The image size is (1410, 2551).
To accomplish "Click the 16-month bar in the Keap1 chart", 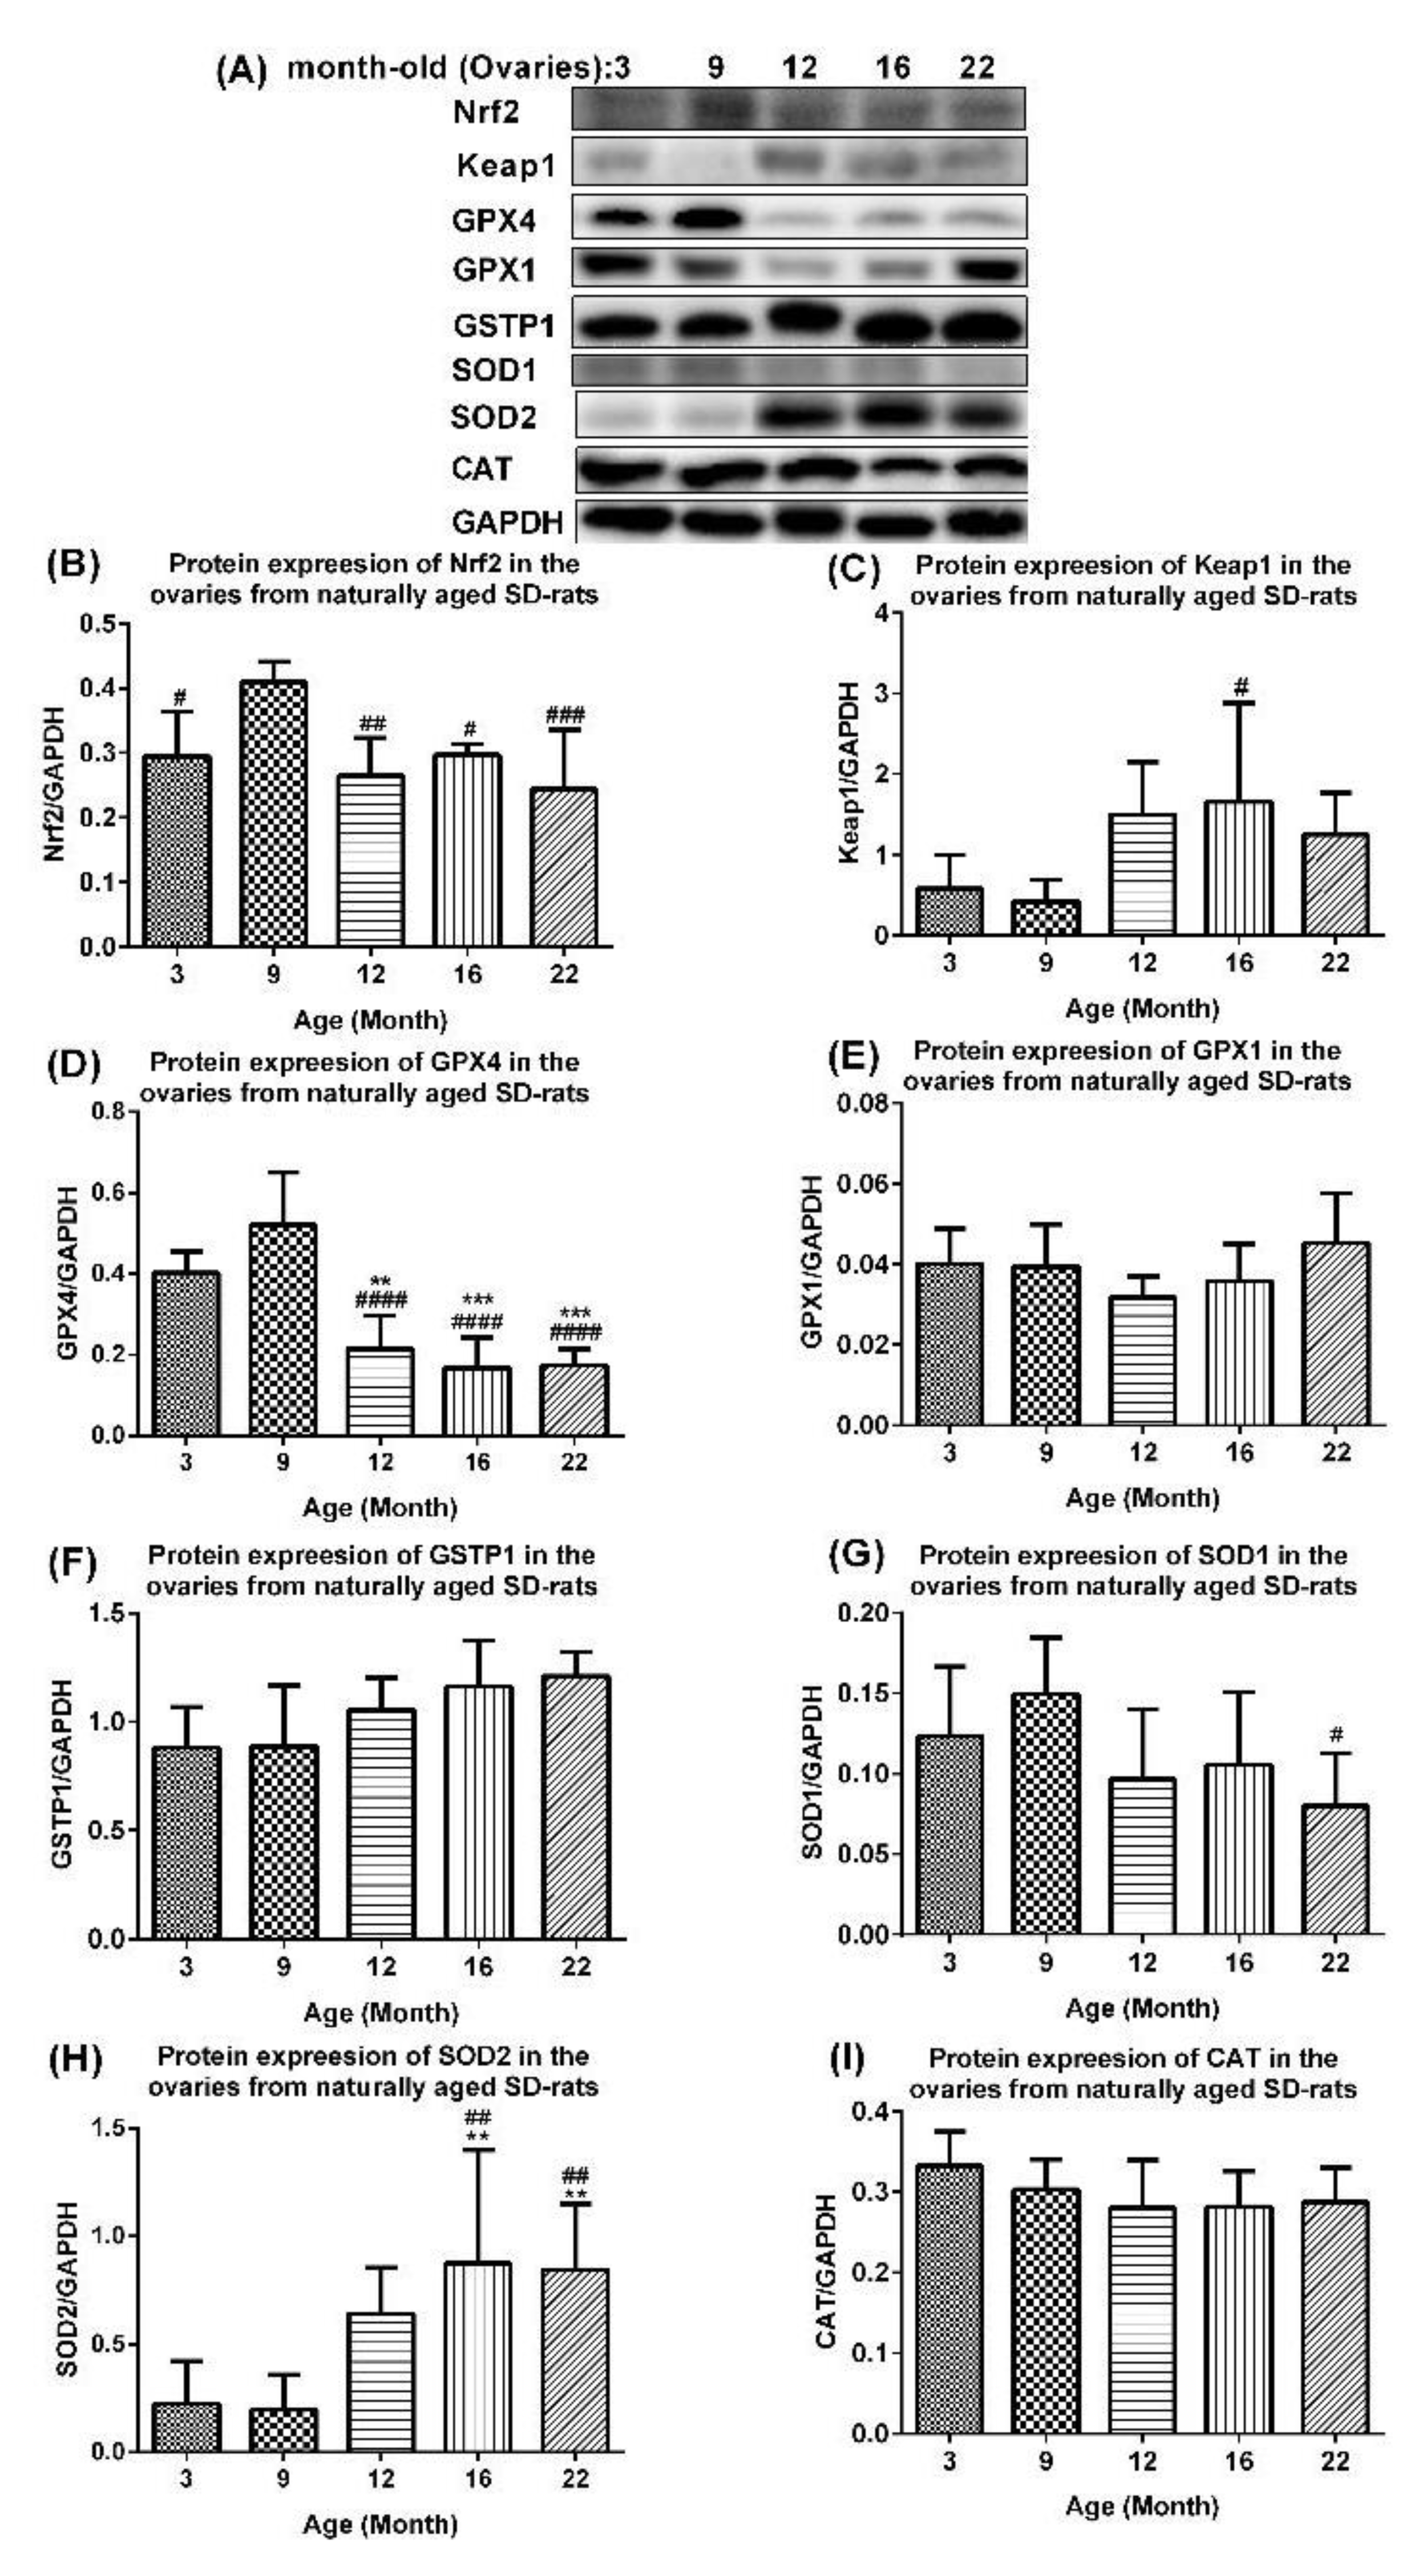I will [1239, 867].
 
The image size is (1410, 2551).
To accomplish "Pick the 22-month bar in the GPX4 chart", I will [574, 1399].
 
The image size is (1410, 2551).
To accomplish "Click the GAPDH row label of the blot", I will [507, 522].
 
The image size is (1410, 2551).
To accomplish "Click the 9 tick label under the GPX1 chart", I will [1045, 1453].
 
